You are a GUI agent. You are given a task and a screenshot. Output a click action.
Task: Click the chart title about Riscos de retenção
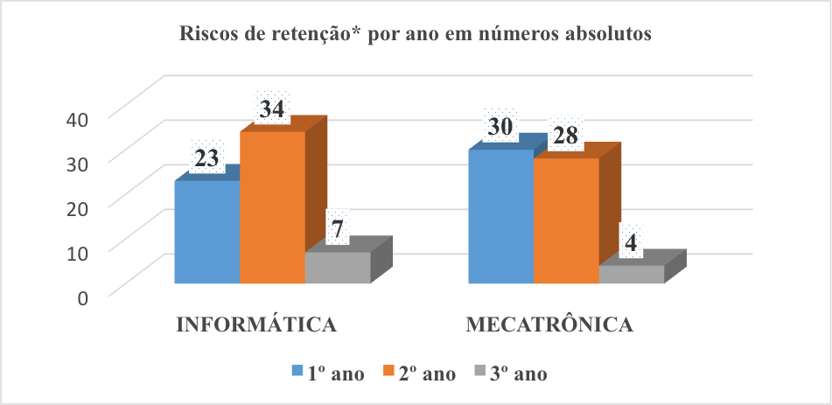click(416, 36)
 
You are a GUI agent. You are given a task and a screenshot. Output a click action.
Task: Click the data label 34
click(272, 109)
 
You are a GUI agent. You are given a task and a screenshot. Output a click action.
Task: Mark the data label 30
click(500, 127)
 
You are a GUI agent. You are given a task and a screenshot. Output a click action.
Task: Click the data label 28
click(567, 136)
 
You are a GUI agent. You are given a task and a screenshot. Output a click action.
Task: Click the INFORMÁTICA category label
click(257, 325)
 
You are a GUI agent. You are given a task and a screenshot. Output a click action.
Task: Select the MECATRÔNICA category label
click(549, 325)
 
